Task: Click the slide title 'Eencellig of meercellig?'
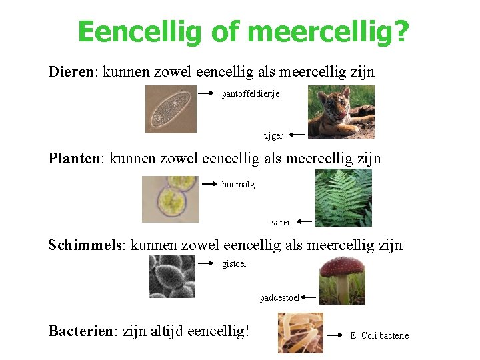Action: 243,31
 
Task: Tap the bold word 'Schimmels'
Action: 85,245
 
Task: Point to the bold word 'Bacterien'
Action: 81,330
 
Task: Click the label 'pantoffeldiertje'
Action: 251,94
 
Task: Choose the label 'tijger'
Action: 273,136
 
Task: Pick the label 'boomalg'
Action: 238,185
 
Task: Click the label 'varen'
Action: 281,222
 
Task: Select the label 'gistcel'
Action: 234,264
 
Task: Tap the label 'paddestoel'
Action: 279,297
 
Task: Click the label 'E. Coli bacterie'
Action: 379,336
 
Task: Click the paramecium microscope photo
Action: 171,109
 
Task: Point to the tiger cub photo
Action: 341,111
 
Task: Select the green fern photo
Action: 343,198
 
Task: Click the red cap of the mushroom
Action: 342,267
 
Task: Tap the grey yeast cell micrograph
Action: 172,277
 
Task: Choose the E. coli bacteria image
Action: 300,333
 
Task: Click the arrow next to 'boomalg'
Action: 210,183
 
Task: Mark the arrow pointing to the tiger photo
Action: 297,135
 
